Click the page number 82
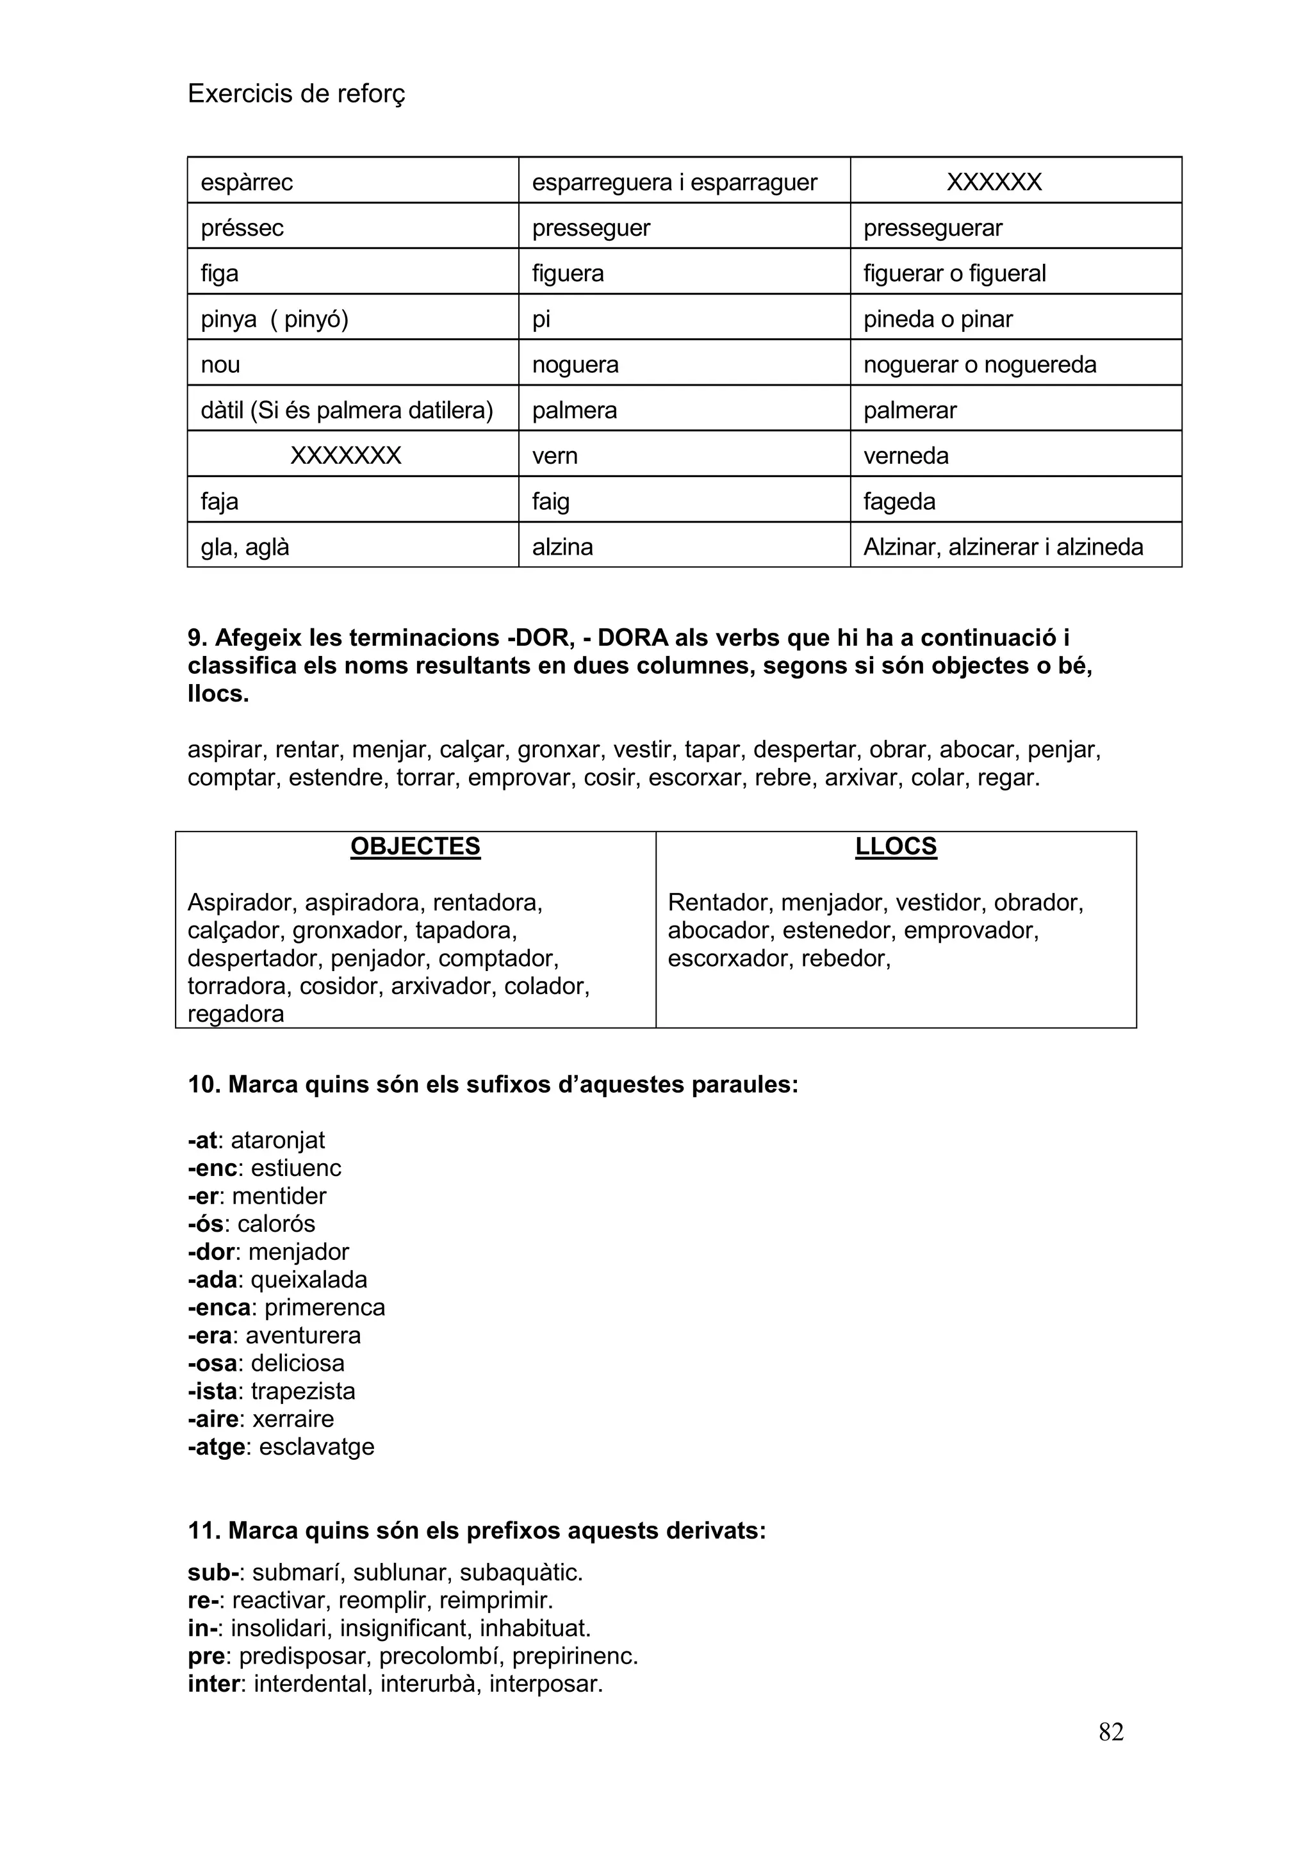[x=1110, y=1731]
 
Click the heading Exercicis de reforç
[x=296, y=95]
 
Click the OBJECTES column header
[x=415, y=846]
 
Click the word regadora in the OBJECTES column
[x=235, y=1014]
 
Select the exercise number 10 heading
[x=493, y=1084]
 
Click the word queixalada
[x=309, y=1280]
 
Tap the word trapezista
[x=303, y=1391]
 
